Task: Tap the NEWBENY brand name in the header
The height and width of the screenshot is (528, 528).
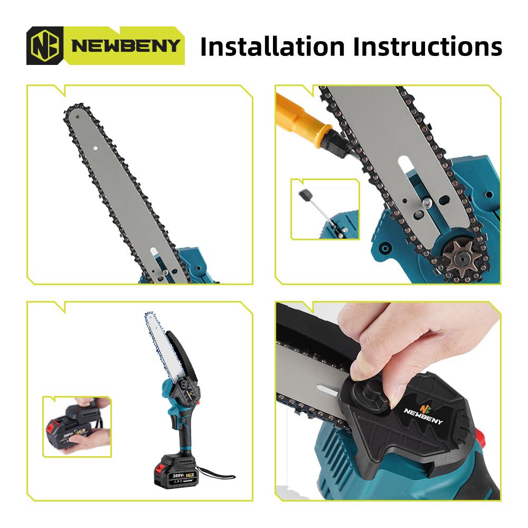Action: (126, 46)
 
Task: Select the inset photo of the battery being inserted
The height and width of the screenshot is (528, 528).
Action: (77, 427)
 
